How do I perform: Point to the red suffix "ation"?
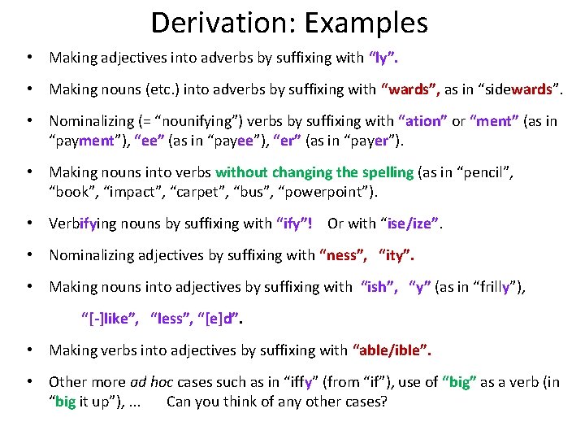tap(422, 121)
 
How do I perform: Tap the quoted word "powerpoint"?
tap(326, 191)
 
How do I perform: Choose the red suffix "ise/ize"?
tap(413, 224)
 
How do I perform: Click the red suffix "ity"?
tap(396, 255)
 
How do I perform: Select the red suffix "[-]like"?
tap(109, 319)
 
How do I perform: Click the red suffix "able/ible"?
tap(392, 350)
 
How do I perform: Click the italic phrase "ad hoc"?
tap(151, 382)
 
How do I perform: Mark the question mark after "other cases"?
tap(383, 402)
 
